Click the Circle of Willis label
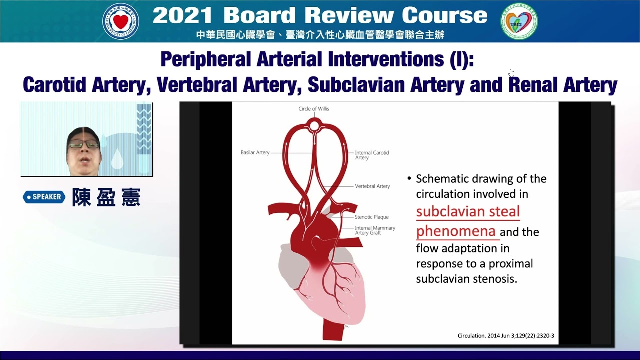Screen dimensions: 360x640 click(x=314, y=109)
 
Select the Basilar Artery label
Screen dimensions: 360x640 click(x=255, y=152)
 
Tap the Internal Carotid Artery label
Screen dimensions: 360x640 click(x=372, y=155)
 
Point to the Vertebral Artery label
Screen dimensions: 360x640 click(x=372, y=186)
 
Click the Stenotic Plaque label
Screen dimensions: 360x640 click(x=371, y=217)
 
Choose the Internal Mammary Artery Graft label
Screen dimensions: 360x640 click(x=375, y=230)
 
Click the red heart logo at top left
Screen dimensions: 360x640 click(x=120, y=21)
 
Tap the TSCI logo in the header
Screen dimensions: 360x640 click(x=519, y=21)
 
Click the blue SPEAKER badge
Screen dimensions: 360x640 click(x=44, y=197)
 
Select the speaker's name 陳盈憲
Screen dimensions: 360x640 click(x=106, y=197)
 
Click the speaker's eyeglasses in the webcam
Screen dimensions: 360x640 click(x=83, y=144)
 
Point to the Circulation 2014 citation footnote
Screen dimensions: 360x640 click(x=506, y=336)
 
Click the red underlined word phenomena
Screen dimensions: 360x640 click(x=455, y=231)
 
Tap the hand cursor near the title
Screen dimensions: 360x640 click(x=511, y=73)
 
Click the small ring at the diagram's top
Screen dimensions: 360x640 click(x=314, y=125)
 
